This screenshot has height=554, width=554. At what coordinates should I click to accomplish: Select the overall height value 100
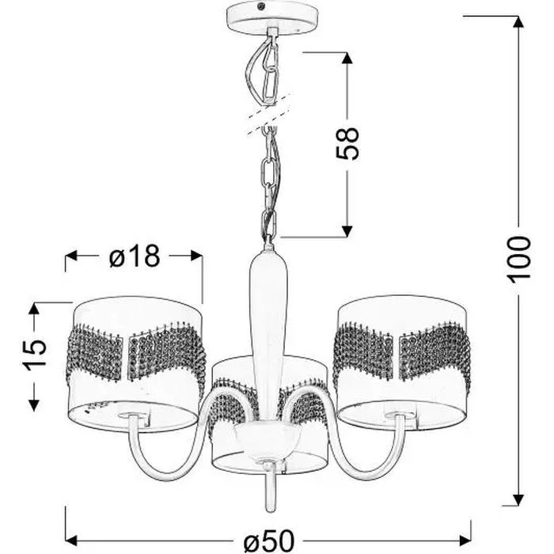518,259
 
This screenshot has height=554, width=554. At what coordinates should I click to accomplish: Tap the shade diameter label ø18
135,256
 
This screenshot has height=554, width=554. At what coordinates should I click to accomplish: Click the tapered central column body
267,317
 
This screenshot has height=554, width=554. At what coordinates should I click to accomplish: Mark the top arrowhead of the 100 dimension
518,21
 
